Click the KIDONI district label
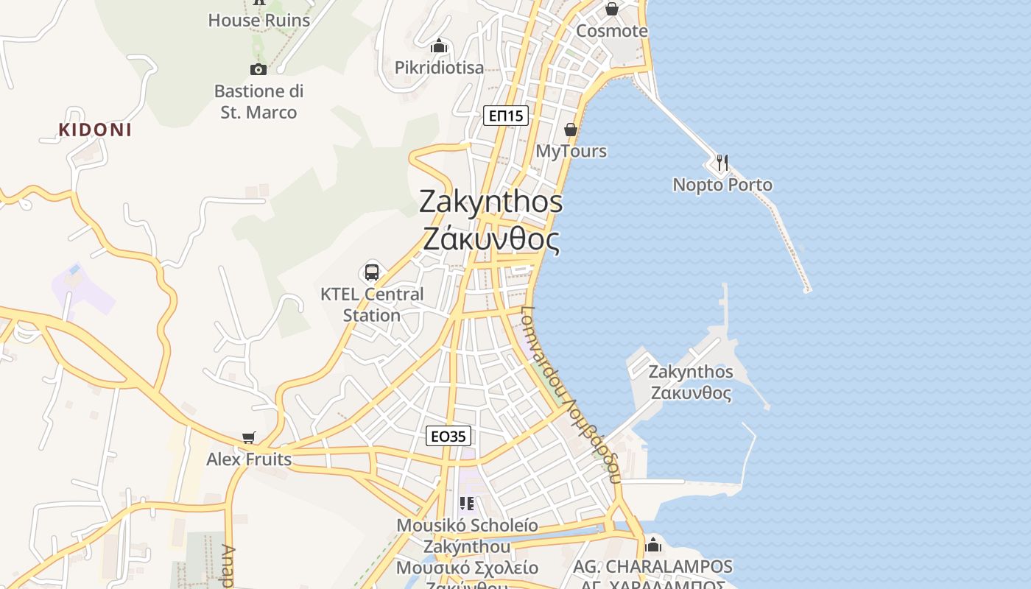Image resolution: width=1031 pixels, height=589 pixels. [x=95, y=130]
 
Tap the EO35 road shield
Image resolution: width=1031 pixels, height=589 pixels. [x=448, y=437]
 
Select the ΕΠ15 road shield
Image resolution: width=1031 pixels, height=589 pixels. [x=506, y=115]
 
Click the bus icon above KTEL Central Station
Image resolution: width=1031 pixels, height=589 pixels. [x=372, y=272]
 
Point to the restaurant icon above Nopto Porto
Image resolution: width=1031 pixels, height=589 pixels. [x=722, y=163]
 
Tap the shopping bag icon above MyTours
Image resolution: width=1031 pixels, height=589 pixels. [x=571, y=130]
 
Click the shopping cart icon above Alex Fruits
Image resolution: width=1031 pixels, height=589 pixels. [x=249, y=438]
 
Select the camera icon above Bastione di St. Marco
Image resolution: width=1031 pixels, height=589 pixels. [x=258, y=69]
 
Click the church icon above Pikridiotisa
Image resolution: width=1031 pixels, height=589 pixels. [x=440, y=46]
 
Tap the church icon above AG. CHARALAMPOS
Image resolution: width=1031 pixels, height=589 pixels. [x=653, y=546]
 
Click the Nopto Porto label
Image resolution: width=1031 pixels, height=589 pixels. [x=722, y=185]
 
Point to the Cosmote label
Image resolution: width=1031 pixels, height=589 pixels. [x=611, y=31]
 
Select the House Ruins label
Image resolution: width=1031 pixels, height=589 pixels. [x=258, y=21]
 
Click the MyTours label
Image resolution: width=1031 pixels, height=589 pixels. [x=571, y=152]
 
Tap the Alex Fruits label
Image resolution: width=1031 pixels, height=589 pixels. [x=249, y=459]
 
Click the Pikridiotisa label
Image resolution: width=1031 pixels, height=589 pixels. [x=440, y=68]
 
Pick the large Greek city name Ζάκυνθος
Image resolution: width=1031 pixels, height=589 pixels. [x=491, y=239]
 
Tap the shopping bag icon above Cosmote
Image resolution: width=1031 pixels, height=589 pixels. [x=611, y=10]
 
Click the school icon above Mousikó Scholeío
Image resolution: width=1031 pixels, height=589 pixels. [x=467, y=504]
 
